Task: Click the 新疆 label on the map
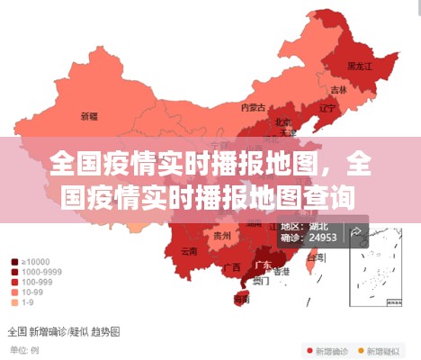[x=88, y=116]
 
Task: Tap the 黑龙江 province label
[x=361, y=66]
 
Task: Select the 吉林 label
[x=338, y=90]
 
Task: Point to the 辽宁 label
[x=327, y=108]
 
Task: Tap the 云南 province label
[x=189, y=251]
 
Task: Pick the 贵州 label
[x=221, y=236]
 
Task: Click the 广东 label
[x=263, y=265]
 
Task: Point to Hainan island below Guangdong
[x=241, y=299]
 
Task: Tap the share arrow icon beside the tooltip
[x=356, y=233]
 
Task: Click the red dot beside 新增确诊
[x=310, y=351]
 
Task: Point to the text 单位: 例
[x=22, y=349]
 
